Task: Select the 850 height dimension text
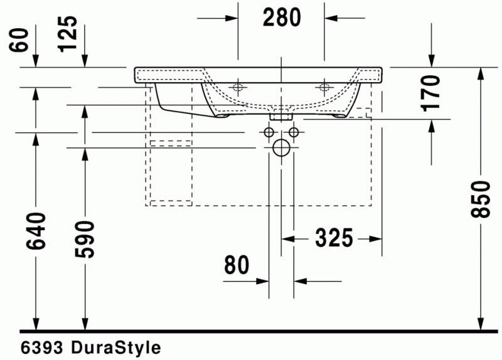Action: pyautogui.click(x=481, y=199)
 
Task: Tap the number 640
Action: pyautogui.click(x=36, y=231)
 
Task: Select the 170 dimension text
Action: pyautogui.click(x=432, y=92)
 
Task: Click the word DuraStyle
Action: pyautogui.click(x=115, y=347)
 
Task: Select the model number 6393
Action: pyautogui.click(x=41, y=347)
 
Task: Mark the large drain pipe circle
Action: pyautogui.click(x=281, y=148)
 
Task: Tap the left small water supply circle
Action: pyautogui.click(x=269, y=132)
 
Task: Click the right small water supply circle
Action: pyautogui.click(x=293, y=132)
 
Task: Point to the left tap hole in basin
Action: pyautogui.click(x=238, y=87)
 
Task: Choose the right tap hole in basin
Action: pyautogui.click(x=324, y=87)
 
